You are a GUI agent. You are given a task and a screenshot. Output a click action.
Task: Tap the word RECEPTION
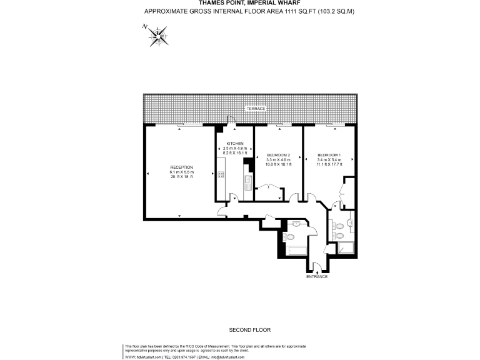click(x=182, y=167)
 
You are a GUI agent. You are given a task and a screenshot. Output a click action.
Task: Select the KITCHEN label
click(x=235, y=144)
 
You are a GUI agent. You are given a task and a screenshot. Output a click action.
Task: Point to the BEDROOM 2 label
click(x=278, y=154)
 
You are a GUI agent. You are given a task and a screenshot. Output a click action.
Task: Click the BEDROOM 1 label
click(x=329, y=155)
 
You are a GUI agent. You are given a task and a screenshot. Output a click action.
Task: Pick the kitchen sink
click(x=248, y=182)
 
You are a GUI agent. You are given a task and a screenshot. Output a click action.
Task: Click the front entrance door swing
click(x=317, y=267)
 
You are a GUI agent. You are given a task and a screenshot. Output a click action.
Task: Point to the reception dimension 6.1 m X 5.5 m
click(x=182, y=172)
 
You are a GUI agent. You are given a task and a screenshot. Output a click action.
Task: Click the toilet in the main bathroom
click(x=290, y=237)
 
